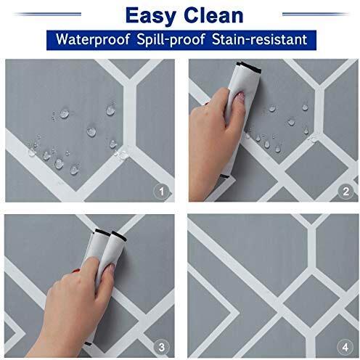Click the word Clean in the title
(x=213, y=15)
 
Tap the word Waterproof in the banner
(x=93, y=39)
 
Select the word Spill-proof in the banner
(x=171, y=39)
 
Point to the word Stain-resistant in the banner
(x=259, y=39)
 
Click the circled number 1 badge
(x=162, y=192)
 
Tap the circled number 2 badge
(x=345, y=192)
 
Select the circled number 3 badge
(x=162, y=347)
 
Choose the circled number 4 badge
(x=345, y=348)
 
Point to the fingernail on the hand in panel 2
(x=241, y=97)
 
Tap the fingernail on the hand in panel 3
(x=112, y=268)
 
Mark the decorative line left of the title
(x=48, y=15)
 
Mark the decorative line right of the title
(x=316, y=15)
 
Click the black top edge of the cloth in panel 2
(x=249, y=67)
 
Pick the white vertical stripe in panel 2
(x=319, y=111)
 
